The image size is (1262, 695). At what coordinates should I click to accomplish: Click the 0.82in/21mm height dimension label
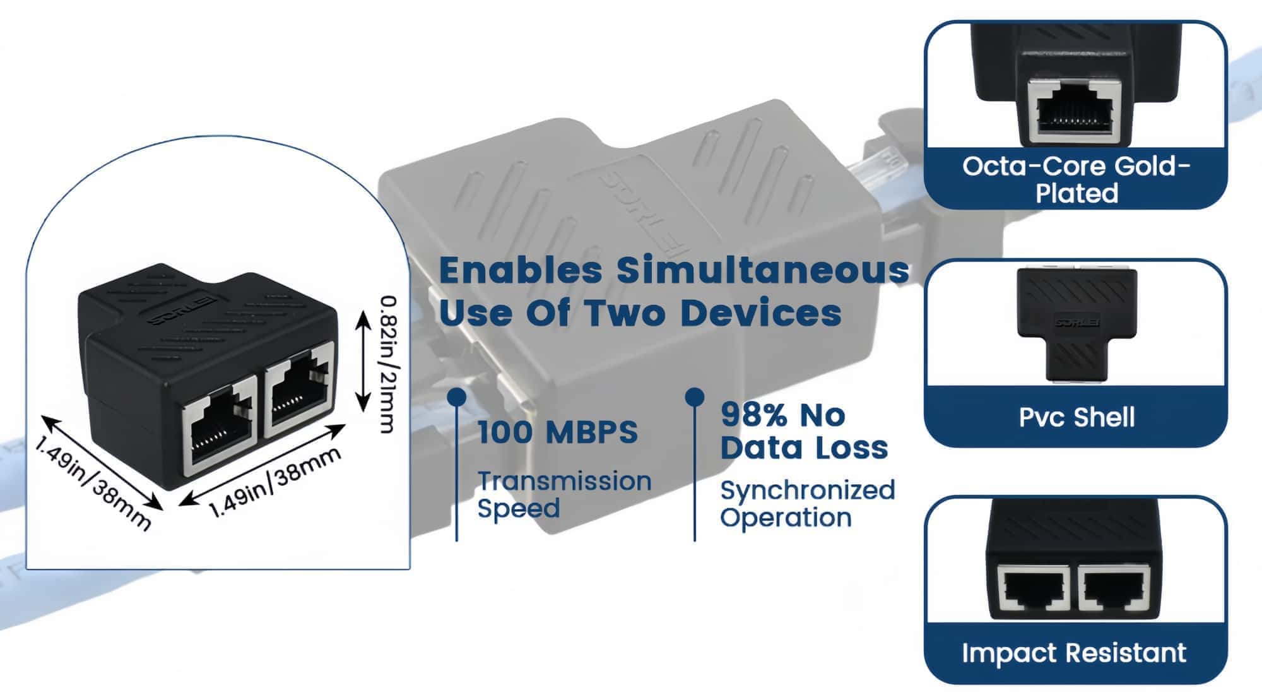386,364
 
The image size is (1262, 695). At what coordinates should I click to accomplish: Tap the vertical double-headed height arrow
362,362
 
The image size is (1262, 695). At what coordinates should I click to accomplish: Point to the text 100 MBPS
558,433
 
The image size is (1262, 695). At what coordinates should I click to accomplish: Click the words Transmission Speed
563,494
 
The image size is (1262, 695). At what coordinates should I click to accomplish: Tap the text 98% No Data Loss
803,432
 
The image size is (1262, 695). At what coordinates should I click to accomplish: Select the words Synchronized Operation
807,504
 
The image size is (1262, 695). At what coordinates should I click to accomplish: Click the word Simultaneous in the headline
762,270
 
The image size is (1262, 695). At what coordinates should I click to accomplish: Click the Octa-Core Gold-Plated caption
1076,179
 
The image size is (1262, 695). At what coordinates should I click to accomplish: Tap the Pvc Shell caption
1076,417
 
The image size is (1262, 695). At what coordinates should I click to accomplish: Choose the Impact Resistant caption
1074,653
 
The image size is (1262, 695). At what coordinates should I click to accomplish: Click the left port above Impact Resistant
1033,590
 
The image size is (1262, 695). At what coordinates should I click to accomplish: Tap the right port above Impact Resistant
1114,590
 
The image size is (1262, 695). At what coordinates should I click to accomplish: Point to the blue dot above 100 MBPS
456,397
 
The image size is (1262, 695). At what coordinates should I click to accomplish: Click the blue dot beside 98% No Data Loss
695,397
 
